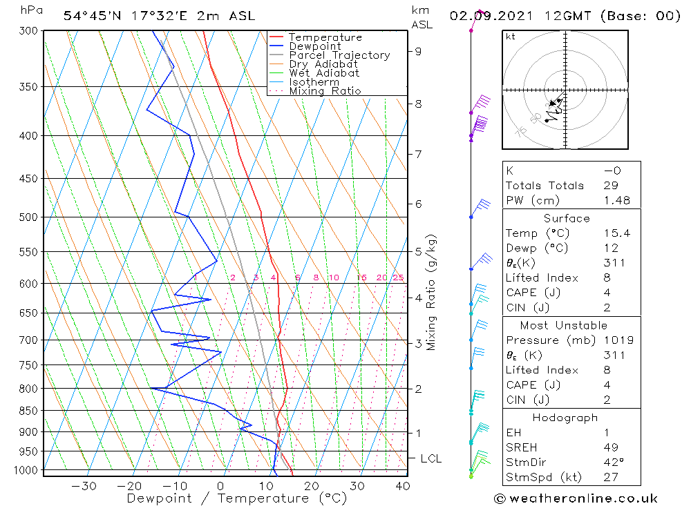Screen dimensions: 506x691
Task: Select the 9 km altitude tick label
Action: tap(418, 50)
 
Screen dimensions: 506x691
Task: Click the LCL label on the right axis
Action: tap(430, 458)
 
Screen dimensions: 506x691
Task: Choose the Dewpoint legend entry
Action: tap(314, 46)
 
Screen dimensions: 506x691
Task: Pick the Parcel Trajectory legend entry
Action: tap(339, 55)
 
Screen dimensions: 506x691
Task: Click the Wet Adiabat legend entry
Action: tap(324, 73)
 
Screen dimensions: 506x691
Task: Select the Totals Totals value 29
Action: tap(610, 185)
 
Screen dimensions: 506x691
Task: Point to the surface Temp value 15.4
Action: tap(616, 233)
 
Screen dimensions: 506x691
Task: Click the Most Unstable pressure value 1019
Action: tap(616, 340)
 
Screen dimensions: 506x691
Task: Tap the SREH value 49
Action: tap(610, 447)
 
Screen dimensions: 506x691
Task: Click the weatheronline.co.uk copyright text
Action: tap(576, 498)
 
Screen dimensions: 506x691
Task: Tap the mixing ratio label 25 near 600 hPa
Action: tap(398, 278)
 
